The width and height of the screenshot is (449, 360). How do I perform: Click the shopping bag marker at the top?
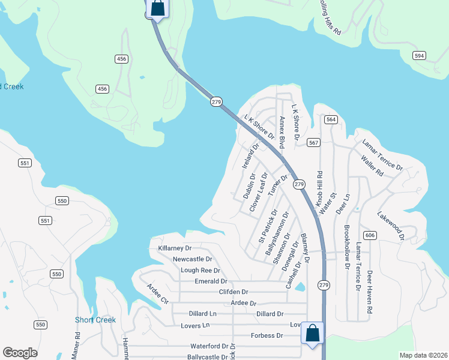pyautogui.click(x=157, y=8)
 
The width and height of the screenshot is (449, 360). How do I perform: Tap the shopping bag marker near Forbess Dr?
pyautogui.click(x=312, y=333)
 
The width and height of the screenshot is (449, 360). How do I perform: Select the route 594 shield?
pyautogui.click(x=420, y=55)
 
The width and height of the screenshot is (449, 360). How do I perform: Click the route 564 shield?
pyautogui.click(x=331, y=119)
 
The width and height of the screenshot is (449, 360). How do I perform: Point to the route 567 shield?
pyautogui.click(x=313, y=142)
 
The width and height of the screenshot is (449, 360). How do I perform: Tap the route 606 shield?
pyautogui.click(x=370, y=235)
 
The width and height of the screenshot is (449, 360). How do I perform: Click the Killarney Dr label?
pyautogui.click(x=175, y=248)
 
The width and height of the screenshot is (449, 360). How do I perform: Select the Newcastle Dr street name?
pyautogui.click(x=192, y=259)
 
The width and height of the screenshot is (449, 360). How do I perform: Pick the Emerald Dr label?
pyautogui.click(x=211, y=281)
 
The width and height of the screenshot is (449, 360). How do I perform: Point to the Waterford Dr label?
pyautogui.click(x=209, y=346)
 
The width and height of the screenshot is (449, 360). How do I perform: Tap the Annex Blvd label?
pyautogui.click(x=281, y=132)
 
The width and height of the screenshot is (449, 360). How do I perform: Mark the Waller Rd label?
pyautogui.click(x=372, y=166)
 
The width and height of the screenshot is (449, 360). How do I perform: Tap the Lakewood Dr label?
pyautogui.click(x=390, y=224)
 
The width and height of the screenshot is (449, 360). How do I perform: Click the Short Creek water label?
pyautogui.click(x=95, y=320)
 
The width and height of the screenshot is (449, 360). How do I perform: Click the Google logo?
pyautogui.click(x=20, y=353)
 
